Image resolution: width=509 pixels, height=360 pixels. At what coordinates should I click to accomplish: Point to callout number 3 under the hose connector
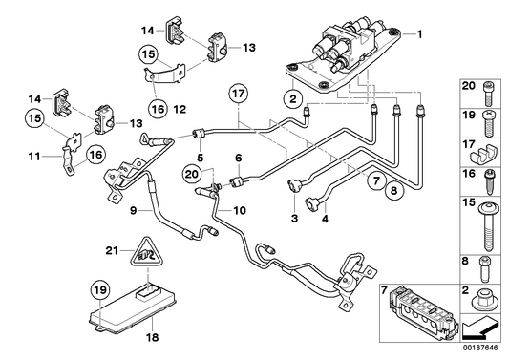pos(295,220)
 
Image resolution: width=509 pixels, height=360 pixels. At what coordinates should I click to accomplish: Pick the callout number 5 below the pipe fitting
pos(199,157)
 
